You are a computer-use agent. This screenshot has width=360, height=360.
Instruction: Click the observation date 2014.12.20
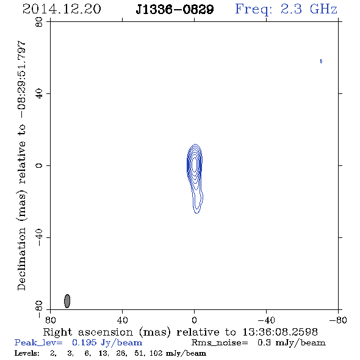(x=62, y=9)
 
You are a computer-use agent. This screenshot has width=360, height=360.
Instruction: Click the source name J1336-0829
(x=175, y=10)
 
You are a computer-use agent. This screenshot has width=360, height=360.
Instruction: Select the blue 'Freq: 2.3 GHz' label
(x=286, y=10)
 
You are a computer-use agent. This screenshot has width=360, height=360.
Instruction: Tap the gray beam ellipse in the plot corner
(x=67, y=301)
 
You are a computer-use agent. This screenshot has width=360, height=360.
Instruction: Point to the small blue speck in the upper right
(x=321, y=61)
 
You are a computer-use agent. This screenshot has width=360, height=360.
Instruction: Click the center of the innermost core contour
(x=195, y=164)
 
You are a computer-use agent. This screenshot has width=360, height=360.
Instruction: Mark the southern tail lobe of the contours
(x=197, y=202)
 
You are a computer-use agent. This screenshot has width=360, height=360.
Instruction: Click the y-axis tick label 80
(x=39, y=22)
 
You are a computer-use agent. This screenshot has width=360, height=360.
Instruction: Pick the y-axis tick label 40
(x=39, y=94)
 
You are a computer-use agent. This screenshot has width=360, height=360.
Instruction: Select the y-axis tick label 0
(x=39, y=165)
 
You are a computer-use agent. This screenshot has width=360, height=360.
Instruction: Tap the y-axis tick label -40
(x=39, y=237)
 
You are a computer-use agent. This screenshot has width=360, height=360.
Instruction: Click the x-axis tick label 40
(x=122, y=320)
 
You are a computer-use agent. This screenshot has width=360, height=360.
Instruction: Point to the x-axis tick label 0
(x=194, y=320)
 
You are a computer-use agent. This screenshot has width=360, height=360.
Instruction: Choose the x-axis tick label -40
(x=266, y=320)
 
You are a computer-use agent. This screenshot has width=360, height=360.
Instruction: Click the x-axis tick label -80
(x=338, y=320)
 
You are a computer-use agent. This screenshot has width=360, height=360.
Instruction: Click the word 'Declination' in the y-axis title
(x=21, y=259)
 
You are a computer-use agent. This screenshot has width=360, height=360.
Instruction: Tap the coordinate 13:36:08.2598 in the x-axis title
(x=280, y=332)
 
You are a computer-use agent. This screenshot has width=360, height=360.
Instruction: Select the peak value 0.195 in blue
(x=84, y=342)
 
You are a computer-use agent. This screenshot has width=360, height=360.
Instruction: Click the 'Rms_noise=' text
(x=220, y=343)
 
